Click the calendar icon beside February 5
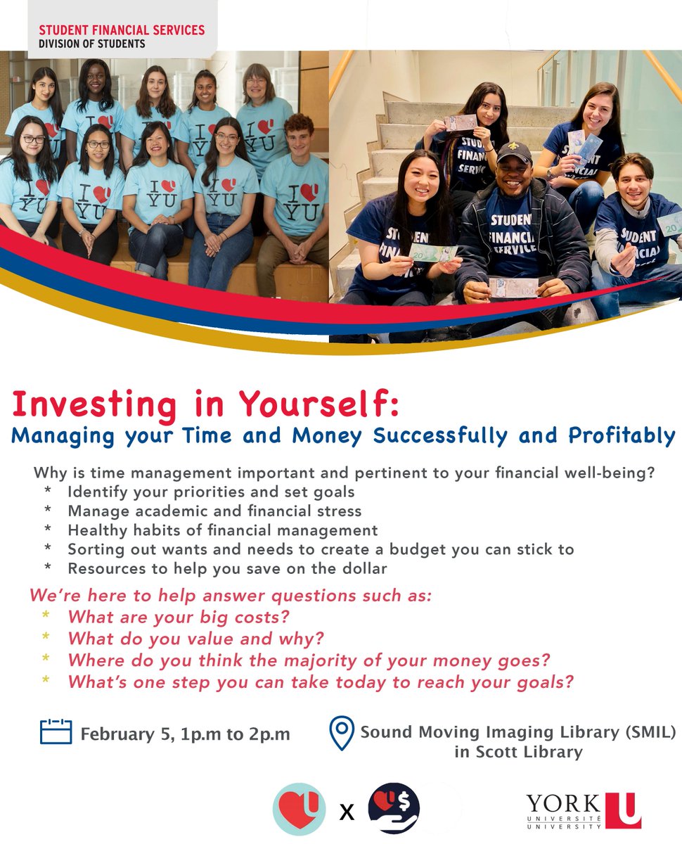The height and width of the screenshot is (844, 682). (x=56, y=731)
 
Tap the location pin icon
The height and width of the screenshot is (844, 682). (x=341, y=733)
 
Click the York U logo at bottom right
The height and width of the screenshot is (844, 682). (x=583, y=810)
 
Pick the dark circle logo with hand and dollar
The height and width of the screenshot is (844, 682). (x=394, y=809)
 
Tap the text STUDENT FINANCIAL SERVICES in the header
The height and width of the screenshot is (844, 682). (x=122, y=30)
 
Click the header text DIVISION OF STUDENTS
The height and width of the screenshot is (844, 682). (x=92, y=44)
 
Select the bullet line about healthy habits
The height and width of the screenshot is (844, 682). (x=222, y=530)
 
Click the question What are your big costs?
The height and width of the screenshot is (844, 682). (x=179, y=617)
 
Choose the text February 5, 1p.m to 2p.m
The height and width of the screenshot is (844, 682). (x=185, y=734)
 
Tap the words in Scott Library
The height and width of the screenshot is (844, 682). (x=518, y=752)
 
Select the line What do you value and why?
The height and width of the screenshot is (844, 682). (x=195, y=639)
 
